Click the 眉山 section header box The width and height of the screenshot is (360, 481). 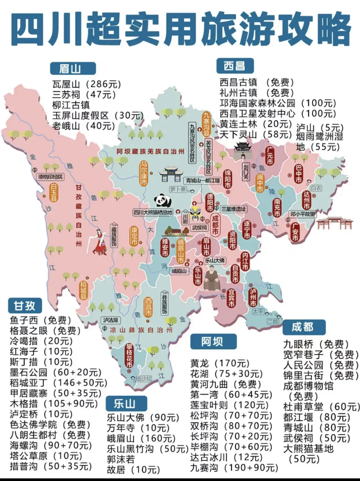click(73, 68)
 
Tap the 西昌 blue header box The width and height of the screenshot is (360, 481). click(234, 66)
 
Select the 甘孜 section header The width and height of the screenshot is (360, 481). click(25, 306)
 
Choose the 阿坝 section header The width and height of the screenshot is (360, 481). click(213, 341)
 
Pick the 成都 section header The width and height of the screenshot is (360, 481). click(303, 327)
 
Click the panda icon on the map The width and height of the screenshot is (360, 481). click(163, 200)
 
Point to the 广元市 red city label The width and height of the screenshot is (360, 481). click(269, 154)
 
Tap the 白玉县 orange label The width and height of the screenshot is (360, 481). click(54, 193)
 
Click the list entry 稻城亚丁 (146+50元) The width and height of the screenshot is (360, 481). click(58, 383)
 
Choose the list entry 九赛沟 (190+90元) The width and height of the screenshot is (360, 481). click(234, 468)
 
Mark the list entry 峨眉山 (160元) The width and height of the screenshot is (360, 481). click(141, 438)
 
